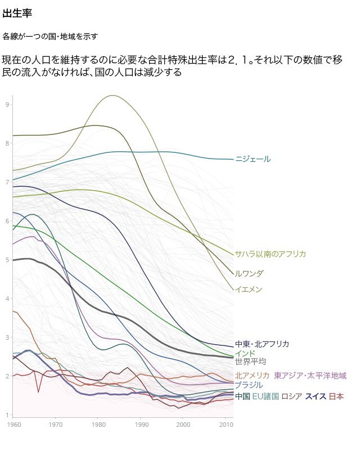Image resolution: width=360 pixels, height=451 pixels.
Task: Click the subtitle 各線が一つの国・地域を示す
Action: coord(50,37)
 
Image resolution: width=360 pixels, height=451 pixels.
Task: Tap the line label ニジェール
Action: coord(253,159)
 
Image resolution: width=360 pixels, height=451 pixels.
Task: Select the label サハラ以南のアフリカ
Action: coord(270,254)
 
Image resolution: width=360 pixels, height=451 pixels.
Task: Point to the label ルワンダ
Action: coord(249,273)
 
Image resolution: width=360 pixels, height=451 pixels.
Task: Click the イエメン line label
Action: coord(249,289)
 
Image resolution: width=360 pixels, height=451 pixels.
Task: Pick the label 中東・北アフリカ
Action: coord(262,344)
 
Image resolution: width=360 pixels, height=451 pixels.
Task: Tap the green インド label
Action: coord(245,353)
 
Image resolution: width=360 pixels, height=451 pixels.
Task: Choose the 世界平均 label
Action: coord(250,361)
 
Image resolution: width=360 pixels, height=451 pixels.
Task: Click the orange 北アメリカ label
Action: coord(252,375)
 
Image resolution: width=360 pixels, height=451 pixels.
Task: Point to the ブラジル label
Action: coord(249,385)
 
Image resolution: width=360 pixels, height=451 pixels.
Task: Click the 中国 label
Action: coord(242,396)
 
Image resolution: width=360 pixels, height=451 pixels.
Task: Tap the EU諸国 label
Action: coord(265,396)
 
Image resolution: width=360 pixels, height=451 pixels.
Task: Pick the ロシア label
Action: coord(291,396)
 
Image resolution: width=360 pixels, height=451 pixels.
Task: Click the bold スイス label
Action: coord(315,396)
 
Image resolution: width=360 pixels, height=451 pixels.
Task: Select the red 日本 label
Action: coord(336,396)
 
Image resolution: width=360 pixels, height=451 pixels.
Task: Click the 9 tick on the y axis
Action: coord(8,105)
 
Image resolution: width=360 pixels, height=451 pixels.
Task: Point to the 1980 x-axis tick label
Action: coord(98,423)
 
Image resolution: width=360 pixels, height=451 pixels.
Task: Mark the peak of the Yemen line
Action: coord(113,95)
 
